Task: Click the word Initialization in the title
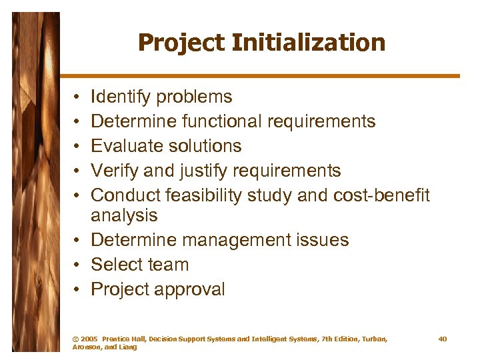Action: (309, 43)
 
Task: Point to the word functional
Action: (222, 121)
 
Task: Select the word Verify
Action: (115, 171)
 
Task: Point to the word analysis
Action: (124, 215)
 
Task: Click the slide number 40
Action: (443, 339)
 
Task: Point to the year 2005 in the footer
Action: (89, 339)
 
